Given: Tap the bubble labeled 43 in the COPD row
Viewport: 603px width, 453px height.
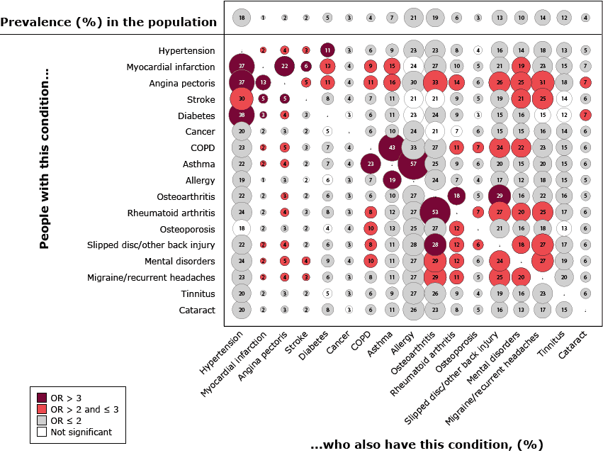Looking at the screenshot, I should (x=392, y=147).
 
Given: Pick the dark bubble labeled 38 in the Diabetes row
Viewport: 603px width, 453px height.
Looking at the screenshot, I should (x=242, y=115).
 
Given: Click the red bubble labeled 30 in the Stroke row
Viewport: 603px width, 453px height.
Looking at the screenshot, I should (x=242, y=99).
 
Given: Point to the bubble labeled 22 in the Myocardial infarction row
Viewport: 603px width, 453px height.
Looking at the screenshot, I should (x=285, y=67).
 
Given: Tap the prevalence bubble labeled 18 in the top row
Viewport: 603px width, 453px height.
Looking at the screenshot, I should (x=242, y=17).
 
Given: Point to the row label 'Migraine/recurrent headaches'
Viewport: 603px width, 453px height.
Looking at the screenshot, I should (x=152, y=277).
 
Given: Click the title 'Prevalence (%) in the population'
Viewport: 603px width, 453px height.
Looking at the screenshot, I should (x=109, y=22).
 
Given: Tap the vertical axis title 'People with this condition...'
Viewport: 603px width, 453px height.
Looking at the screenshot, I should (x=45, y=158).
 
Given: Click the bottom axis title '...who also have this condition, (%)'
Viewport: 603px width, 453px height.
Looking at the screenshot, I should (x=426, y=444).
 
